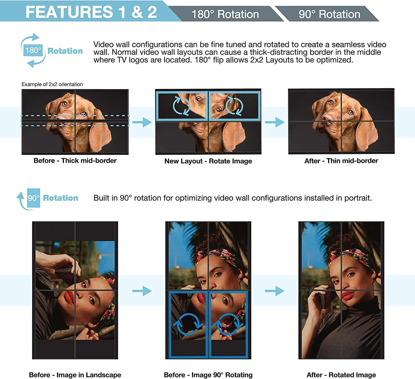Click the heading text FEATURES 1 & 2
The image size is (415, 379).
[x=91, y=12]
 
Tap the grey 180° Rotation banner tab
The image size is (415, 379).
[x=225, y=14]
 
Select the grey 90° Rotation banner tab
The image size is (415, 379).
[x=329, y=14]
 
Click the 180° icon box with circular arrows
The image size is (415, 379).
[x=33, y=50]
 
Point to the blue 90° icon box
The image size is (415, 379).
[x=33, y=198]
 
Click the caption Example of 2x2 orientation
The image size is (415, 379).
[x=52, y=84]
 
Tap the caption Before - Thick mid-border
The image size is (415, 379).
[x=75, y=161]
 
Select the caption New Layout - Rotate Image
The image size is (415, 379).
[x=208, y=161]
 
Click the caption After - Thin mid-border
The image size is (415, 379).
[x=341, y=161]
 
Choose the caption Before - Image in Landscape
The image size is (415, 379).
[x=75, y=375]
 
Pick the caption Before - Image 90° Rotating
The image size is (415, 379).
[x=208, y=375]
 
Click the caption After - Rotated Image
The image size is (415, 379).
[x=341, y=375]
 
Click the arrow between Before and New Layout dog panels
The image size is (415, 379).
[x=142, y=122]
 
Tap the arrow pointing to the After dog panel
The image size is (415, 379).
[x=274, y=122]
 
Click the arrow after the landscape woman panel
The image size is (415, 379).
[x=142, y=291]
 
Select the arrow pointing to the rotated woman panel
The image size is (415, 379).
[x=274, y=291]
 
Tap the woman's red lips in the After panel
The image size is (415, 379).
[x=349, y=295]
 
